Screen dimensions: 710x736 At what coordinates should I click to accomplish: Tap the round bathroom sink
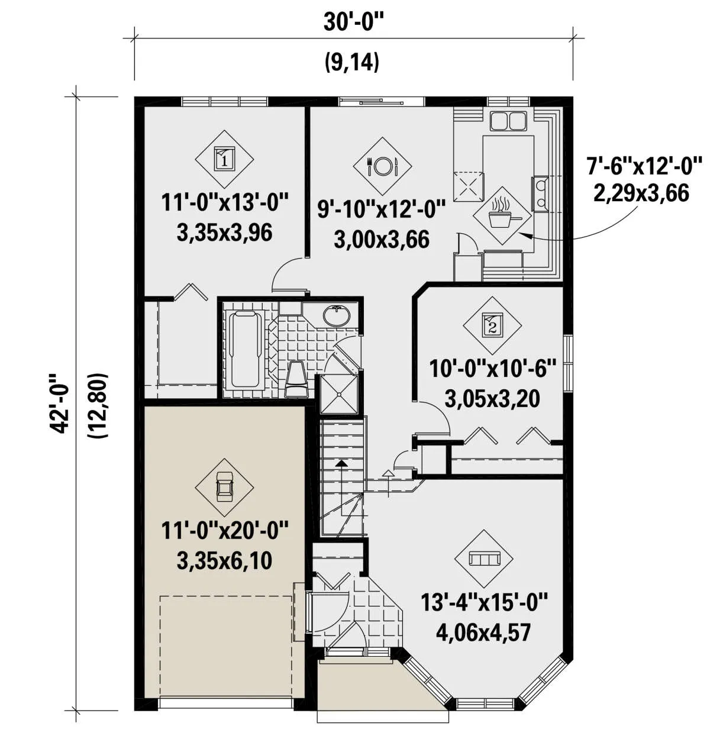click(x=337, y=315)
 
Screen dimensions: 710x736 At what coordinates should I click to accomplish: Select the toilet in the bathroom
click(x=296, y=379)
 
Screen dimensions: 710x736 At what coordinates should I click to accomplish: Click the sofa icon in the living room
click(x=484, y=558)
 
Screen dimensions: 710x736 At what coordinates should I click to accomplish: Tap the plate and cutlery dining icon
click(x=382, y=166)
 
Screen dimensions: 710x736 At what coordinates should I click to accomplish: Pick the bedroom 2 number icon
click(x=492, y=325)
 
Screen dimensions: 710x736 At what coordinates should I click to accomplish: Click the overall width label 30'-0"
click(x=351, y=22)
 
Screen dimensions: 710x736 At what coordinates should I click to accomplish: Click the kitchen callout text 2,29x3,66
click(x=641, y=193)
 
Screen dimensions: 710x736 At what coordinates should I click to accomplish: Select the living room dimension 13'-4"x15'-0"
click(x=484, y=602)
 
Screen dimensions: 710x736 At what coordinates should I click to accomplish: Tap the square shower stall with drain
click(x=338, y=395)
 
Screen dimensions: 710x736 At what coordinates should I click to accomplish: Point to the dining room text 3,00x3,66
click(x=382, y=240)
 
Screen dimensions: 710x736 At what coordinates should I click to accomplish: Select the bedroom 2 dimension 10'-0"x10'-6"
click(x=492, y=368)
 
